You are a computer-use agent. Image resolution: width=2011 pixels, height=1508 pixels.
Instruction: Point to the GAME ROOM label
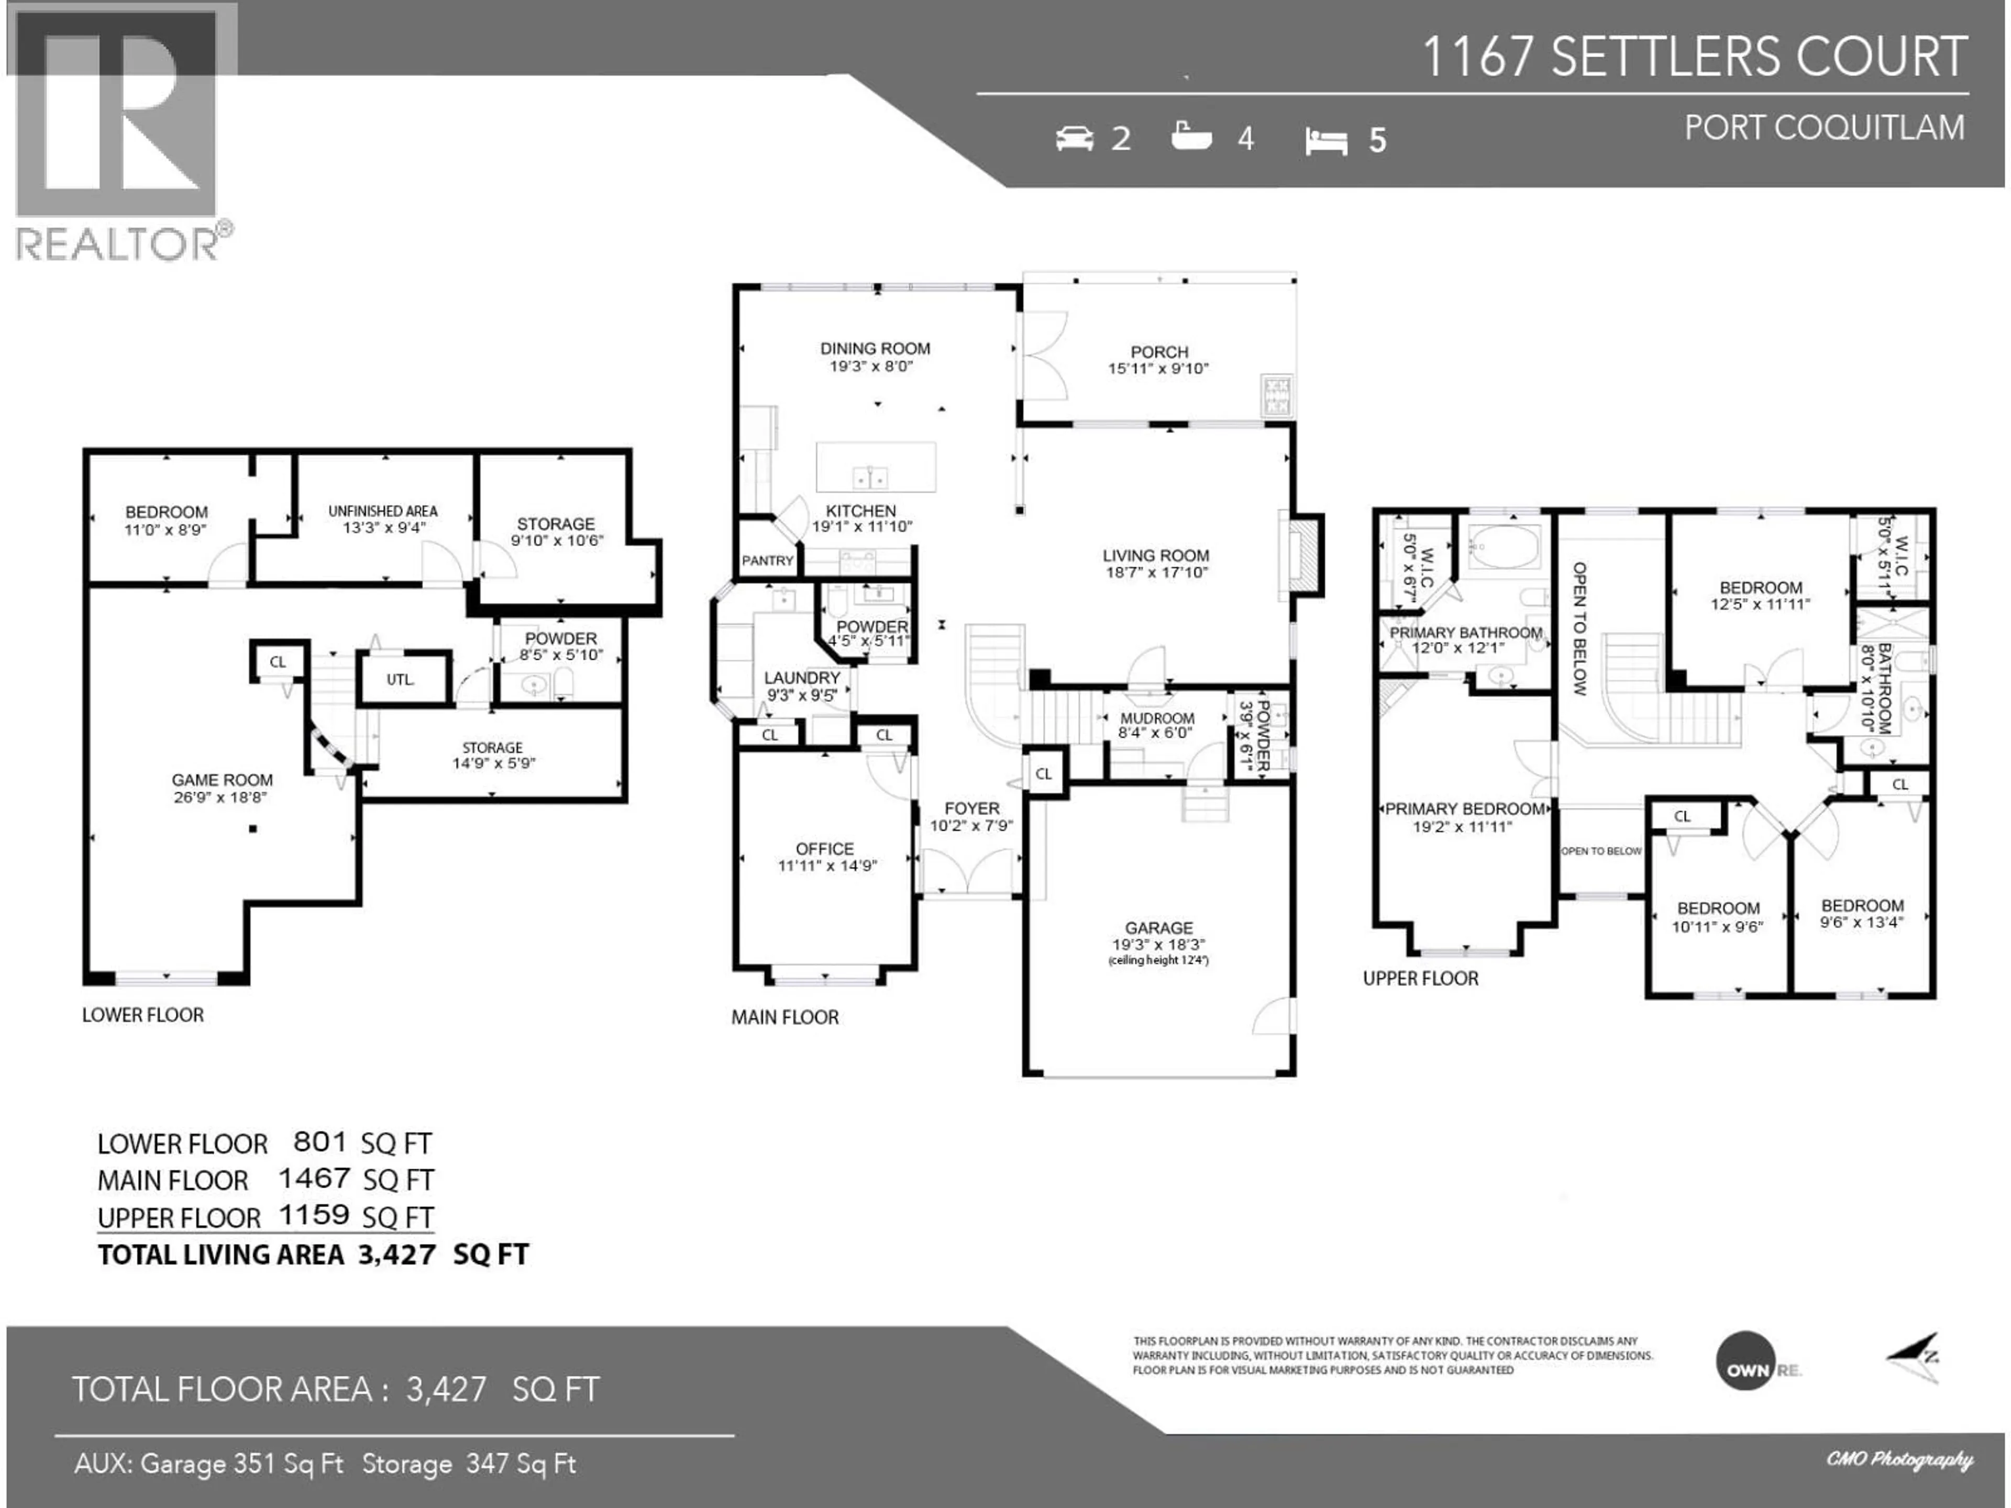[222, 780]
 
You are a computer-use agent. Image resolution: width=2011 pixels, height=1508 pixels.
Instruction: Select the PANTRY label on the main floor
[767, 561]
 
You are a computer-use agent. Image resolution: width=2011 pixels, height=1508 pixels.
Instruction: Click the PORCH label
[1159, 352]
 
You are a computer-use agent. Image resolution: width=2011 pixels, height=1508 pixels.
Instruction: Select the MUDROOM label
[1156, 718]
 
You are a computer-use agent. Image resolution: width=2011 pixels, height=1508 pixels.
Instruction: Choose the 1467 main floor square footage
[314, 1179]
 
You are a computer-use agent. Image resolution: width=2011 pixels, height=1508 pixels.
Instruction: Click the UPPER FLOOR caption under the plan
[1420, 978]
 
